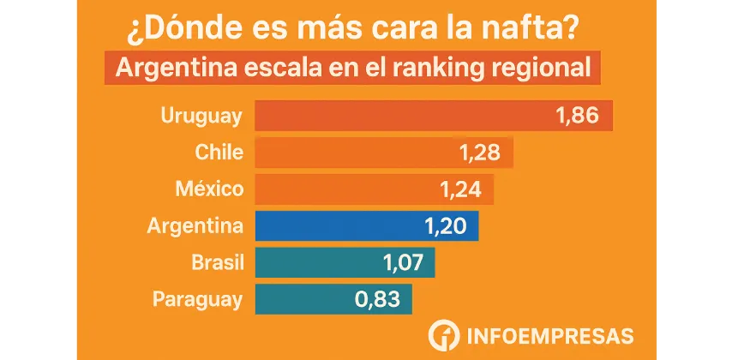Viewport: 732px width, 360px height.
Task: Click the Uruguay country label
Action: (x=202, y=116)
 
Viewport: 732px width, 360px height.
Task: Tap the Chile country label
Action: (x=219, y=153)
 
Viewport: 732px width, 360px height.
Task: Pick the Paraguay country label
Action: (x=198, y=299)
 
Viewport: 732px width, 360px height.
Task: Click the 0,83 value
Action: (x=377, y=299)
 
